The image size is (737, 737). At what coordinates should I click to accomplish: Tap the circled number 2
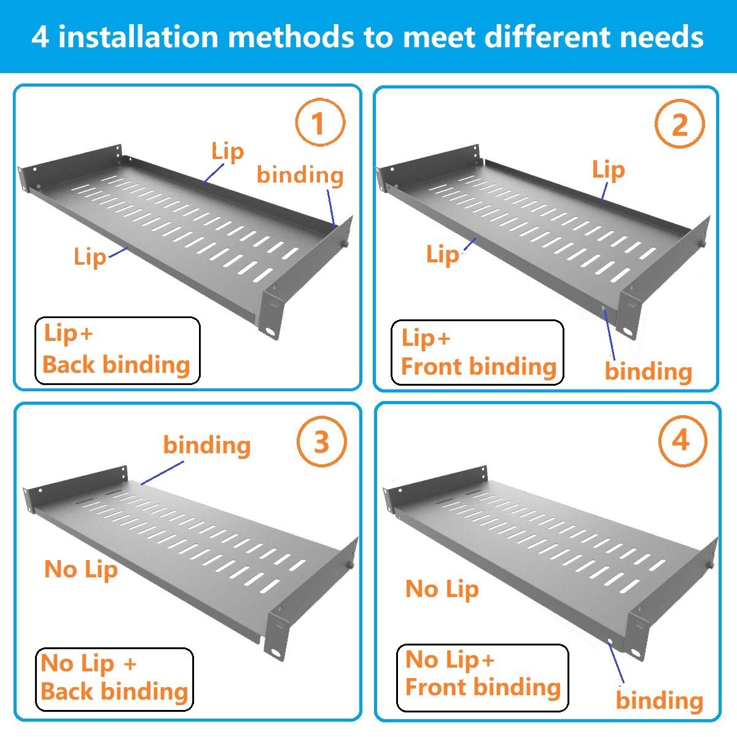click(679, 125)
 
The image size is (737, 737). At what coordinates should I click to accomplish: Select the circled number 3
click(321, 442)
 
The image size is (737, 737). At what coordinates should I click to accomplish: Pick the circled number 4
click(681, 441)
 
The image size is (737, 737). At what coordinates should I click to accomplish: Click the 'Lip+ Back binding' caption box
click(117, 351)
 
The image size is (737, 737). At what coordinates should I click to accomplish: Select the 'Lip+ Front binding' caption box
click(477, 353)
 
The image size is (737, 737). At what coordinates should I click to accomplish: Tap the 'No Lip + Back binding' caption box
click(114, 679)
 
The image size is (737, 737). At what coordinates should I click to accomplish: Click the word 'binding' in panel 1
click(300, 175)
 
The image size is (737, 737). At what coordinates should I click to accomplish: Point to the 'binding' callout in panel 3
click(207, 445)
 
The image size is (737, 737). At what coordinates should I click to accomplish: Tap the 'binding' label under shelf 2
click(648, 372)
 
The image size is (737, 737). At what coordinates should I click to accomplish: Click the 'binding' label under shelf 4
click(659, 701)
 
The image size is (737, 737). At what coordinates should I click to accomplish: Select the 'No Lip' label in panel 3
click(81, 569)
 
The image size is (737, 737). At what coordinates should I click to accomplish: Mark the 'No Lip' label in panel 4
click(442, 590)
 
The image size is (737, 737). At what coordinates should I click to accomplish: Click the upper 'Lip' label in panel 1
click(227, 152)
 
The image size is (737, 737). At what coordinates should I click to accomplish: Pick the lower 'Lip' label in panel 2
click(442, 254)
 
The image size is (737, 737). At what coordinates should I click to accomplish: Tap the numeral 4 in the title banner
click(41, 37)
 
